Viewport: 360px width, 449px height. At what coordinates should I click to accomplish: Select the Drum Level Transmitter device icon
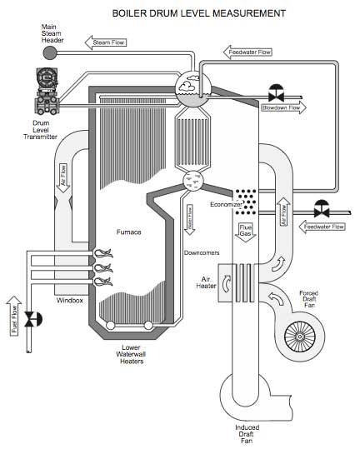(x=47, y=93)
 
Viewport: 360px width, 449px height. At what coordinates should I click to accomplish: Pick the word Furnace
(x=127, y=232)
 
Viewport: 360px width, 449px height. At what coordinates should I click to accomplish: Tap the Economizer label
(x=225, y=202)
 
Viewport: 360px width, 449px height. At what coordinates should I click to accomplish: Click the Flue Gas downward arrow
(x=246, y=230)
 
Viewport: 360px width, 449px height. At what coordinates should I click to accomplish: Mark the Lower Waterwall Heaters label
(x=130, y=355)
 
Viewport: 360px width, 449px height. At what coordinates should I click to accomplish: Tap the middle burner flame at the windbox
(x=104, y=268)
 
